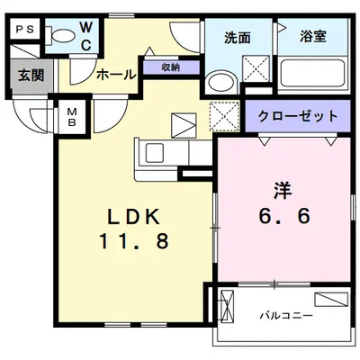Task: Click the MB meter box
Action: [x=71, y=115]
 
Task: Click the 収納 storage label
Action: [x=169, y=67]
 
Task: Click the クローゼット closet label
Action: [x=298, y=116]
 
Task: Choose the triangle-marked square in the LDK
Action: [x=184, y=123]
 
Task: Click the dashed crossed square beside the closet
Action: [x=222, y=116]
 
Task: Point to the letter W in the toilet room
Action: [x=86, y=28]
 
